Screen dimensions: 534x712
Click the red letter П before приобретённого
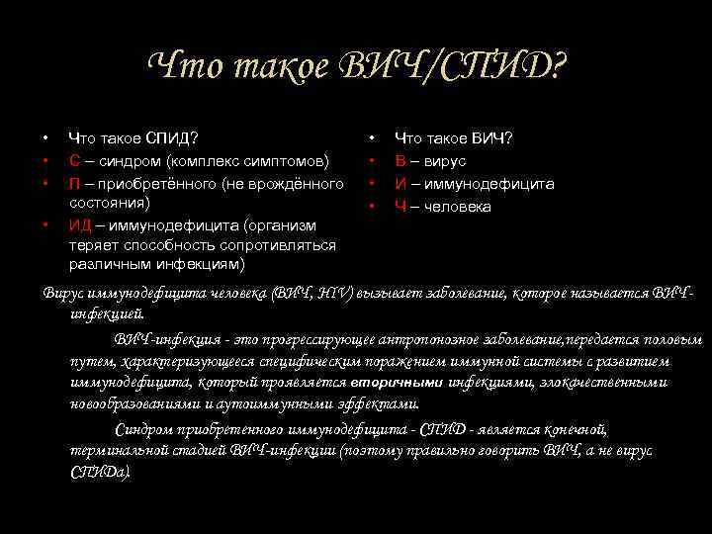[74, 184]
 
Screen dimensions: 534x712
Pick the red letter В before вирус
[400, 160]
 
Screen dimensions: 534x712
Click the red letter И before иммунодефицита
[400, 184]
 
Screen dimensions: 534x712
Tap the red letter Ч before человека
[400, 207]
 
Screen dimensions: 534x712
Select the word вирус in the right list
[446, 160]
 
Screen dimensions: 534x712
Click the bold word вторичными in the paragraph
[395, 383]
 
